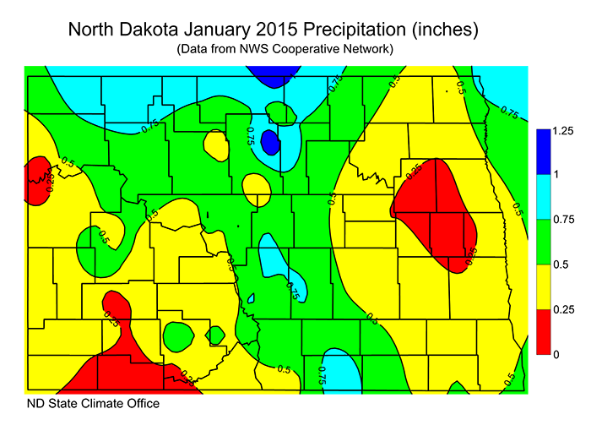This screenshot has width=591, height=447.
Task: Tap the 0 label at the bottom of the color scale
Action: pyautogui.click(x=556, y=355)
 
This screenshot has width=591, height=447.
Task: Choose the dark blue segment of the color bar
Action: pyautogui.click(x=544, y=153)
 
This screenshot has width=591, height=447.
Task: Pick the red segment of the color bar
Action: pyautogui.click(x=544, y=332)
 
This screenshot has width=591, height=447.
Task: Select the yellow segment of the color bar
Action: pyautogui.click(x=544, y=287)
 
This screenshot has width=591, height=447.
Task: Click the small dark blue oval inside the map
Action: pyautogui.click(x=270, y=141)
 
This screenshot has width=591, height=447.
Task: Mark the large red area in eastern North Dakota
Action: pyautogui.click(x=435, y=211)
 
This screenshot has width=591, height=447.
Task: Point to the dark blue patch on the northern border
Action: pyautogui.click(x=272, y=76)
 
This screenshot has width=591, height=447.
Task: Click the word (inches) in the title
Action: pyautogui.click(x=447, y=30)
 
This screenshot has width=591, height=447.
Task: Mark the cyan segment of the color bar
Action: pyautogui.click(x=544, y=198)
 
